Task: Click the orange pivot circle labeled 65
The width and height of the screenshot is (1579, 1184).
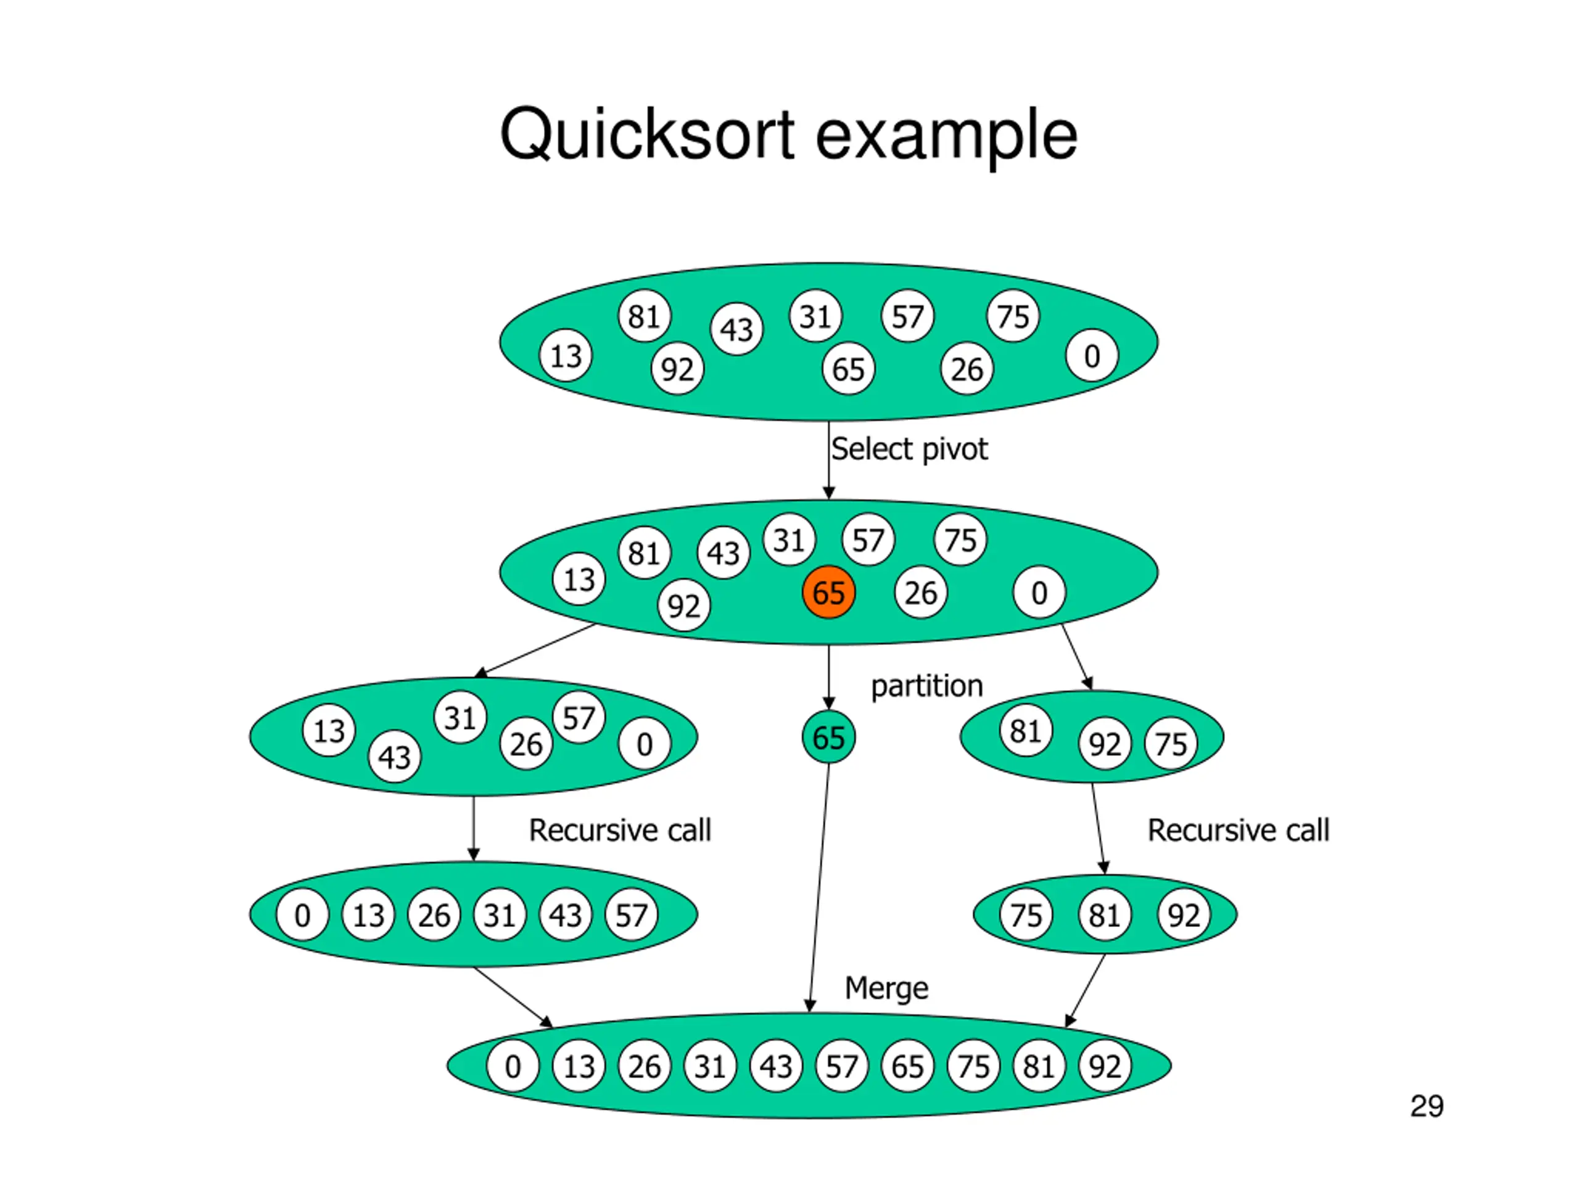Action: (828, 593)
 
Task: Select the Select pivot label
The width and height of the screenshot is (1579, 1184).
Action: (909, 449)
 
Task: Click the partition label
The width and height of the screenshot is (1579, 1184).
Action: (926, 686)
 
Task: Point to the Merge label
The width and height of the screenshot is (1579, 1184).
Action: (886, 988)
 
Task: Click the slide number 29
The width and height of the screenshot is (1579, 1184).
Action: (1426, 1106)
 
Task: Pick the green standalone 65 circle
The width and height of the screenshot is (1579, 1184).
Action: (828, 738)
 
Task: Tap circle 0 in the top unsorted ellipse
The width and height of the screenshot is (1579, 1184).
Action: (1092, 355)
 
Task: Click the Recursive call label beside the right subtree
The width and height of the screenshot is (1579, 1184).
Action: (1238, 830)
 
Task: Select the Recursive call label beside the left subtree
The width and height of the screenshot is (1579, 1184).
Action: (620, 830)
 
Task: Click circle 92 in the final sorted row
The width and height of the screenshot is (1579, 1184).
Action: (1104, 1066)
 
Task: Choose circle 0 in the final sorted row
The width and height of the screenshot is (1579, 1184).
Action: (513, 1066)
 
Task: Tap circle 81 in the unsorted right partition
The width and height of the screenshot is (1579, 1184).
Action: (1025, 731)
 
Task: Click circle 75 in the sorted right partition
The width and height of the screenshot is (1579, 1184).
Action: (1026, 915)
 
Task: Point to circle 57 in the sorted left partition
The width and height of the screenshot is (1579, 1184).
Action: (631, 915)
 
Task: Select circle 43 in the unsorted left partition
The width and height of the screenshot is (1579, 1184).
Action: (394, 757)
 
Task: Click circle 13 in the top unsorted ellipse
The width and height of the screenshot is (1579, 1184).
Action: (566, 355)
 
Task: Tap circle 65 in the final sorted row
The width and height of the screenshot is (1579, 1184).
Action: (907, 1066)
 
